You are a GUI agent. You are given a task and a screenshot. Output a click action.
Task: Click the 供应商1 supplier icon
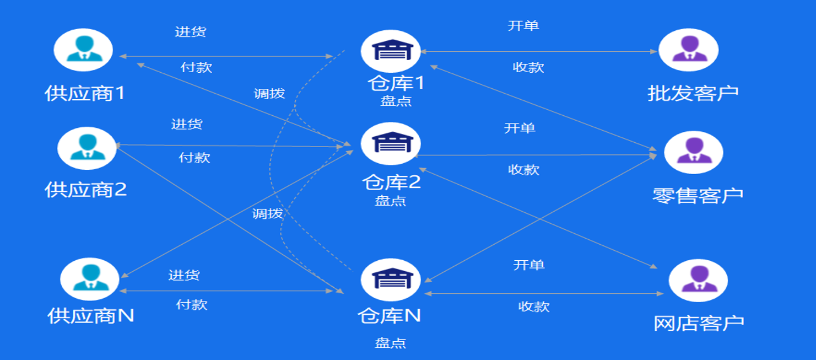(x=83, y=50)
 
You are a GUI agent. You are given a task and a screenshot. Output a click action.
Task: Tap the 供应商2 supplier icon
(x=87, y=148)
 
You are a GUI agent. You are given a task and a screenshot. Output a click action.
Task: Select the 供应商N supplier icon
(x=89, y=279)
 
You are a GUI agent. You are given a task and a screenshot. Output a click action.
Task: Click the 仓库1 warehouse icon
(x=391, y=51)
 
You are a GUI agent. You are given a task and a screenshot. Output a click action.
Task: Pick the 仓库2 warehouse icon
(x=391, y=143)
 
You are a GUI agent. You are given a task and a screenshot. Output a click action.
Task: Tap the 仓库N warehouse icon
(x=391, y=280)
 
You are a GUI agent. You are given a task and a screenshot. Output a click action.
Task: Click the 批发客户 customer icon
(x=689, y=50)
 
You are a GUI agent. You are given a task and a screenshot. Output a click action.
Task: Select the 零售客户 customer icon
(x=694, y=152)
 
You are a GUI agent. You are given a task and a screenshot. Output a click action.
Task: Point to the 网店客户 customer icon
(x=698, y=280)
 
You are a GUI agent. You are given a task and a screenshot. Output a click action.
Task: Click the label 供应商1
(x=85, y=93)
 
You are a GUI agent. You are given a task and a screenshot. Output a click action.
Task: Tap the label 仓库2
(x=391, y=182)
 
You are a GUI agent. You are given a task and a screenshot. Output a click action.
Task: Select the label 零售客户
(x=698, y=195)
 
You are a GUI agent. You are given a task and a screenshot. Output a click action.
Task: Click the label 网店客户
(x=699, y=323)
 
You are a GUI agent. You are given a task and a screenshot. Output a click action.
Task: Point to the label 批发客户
(x=693, y=93)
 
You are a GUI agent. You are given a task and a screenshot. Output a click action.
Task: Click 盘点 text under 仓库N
(x=391, y=343)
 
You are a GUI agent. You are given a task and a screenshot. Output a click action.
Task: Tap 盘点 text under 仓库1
(x=396, y=101)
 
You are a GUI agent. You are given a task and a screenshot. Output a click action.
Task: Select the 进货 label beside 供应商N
(x=184, y=275)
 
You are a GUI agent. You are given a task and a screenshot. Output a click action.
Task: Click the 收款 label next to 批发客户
(x=528, y=67)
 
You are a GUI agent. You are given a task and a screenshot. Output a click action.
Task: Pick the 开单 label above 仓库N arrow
(x=529, y=265)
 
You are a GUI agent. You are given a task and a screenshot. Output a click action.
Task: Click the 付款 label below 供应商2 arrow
(x=194, y=158)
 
